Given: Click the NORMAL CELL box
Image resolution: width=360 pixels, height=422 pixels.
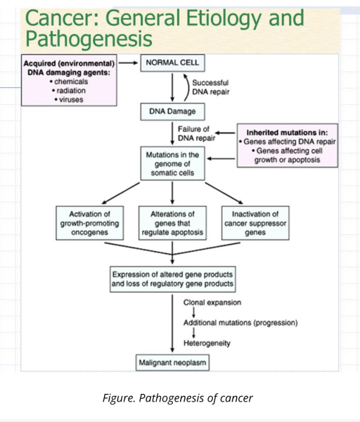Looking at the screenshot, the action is (172, 63).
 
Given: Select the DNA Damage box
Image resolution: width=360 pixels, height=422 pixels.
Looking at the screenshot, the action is (172, 111).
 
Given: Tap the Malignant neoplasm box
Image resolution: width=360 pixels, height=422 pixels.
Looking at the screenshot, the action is (172, 363).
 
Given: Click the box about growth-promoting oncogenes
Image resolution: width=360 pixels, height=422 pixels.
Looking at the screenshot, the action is (89, 223).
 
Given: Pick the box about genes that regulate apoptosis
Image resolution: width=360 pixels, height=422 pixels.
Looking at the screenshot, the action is (172, 223).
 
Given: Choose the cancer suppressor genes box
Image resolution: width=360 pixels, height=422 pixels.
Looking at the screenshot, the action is (255, 223).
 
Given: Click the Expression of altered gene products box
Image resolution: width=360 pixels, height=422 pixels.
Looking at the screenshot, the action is (172, 279).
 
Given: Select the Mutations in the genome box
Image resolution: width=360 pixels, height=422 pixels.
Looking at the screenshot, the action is (172, 164).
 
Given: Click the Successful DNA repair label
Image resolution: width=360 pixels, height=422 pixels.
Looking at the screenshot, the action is (211, 87).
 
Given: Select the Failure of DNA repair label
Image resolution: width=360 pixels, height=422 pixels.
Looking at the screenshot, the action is (196, 134).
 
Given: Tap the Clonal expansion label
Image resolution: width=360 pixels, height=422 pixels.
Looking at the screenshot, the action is (212, 302).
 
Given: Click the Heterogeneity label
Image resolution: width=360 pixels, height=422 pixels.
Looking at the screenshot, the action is (207, 343).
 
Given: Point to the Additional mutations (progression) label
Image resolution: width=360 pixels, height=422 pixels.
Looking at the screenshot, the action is (240, 323).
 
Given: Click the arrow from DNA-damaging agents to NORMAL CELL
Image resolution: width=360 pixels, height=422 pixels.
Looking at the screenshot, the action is (129, 63).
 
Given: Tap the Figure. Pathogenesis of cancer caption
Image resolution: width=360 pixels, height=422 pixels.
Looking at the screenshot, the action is (178, 398).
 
